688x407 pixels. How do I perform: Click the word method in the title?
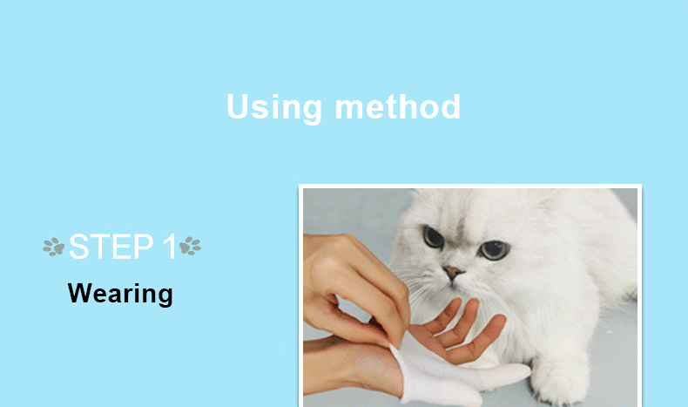pyautogui.click(x=398, y=107)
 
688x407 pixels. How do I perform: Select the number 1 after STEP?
pyautogui.click(x=169, y=248)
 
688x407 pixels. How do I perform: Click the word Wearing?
pyautogui.click(x=120, y=293)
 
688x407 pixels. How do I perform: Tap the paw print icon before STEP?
pyautogui.click(x=54, y=248)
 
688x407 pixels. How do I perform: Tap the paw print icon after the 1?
pyautogui.click(x=190, y=248)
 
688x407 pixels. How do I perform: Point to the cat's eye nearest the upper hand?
pyautogui.click(x=433, y=236)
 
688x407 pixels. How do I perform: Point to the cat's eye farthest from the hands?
pyautogui.click(x=495, y=249)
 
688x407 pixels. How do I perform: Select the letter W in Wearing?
pyautogui.click(x=78, y=293)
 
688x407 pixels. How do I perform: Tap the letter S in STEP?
pyautogui.click(x=78, y=248)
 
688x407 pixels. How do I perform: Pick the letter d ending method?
pyautogui.click(x=450, y=107)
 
